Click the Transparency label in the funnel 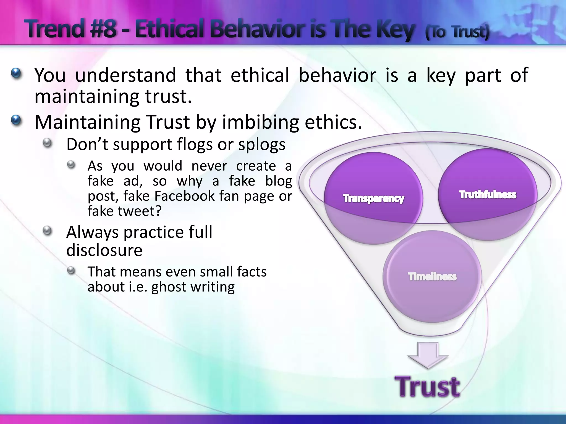[373, 198]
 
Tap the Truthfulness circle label [488, 195]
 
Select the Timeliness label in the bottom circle [432, 277]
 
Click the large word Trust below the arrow [427, 387]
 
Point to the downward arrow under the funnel [428, 355]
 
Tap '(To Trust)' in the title [457, 32]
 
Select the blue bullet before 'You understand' [16, 73]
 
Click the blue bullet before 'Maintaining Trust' [16, 120]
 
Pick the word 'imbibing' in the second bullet [260, 122]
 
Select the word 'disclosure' [104, 250]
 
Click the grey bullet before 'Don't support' [48, 143]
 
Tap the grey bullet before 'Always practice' [48, 230]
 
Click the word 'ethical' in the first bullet [260, 75]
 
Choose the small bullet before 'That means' [71, 271]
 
